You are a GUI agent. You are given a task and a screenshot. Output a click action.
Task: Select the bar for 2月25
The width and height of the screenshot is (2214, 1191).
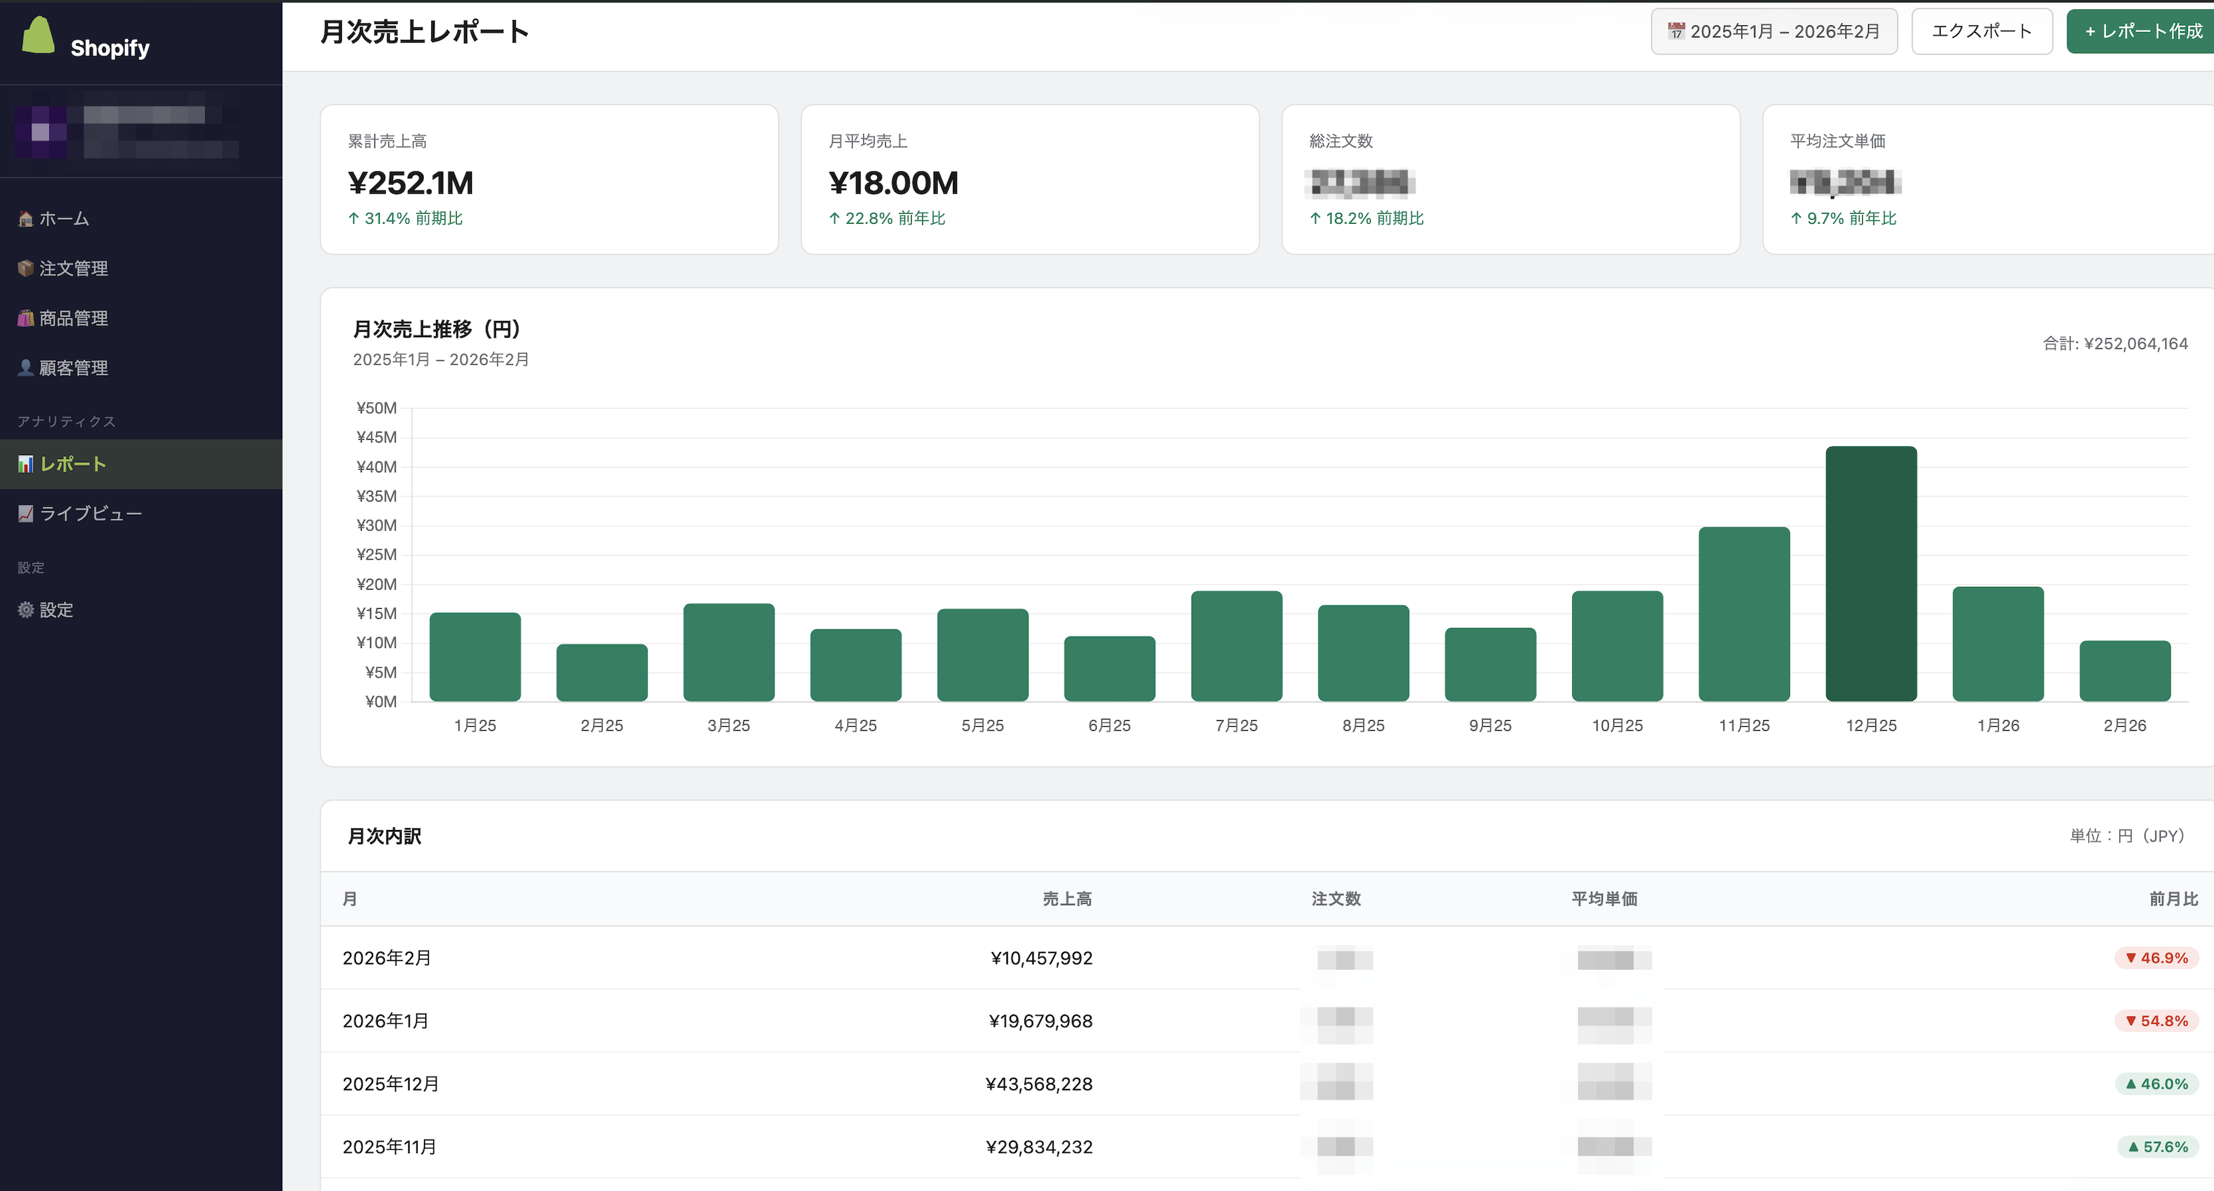[602, 672]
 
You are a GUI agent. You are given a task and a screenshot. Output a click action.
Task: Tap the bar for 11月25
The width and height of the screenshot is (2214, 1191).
[1744, 613]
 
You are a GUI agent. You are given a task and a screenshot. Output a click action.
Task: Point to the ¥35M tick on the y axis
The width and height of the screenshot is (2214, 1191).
[377, 496]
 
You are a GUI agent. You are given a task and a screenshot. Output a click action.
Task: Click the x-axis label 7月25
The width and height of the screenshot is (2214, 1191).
[1236, 725]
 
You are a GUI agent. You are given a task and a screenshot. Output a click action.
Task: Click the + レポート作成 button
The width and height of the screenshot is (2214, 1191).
[2143, 31]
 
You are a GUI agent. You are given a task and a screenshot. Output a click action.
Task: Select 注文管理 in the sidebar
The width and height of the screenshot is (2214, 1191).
[73, 268]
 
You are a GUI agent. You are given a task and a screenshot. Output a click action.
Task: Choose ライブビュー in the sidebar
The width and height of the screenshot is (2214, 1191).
[90, 513]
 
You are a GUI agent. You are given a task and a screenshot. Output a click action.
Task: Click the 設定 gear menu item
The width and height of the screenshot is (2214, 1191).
[56, 609]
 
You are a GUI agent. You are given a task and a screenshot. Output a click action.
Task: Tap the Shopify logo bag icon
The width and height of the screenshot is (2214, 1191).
[38, 36]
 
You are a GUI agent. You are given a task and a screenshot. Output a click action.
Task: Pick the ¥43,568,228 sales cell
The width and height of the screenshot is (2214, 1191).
[1038, 1084]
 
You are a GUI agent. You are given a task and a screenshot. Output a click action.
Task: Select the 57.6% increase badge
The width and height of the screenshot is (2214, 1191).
[2157, 1146]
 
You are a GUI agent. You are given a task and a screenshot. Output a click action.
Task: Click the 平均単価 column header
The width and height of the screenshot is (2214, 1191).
[1604, 898]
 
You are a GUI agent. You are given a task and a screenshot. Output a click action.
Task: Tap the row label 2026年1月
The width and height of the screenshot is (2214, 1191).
[385, 1021]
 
